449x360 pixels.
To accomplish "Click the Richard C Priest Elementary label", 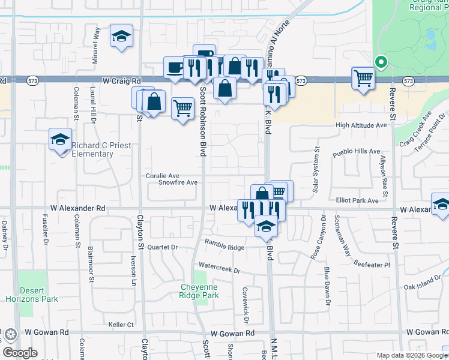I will (92, 149).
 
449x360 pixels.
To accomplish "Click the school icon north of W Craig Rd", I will (121, 36).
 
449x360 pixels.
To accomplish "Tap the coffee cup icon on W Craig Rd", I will (175, 67).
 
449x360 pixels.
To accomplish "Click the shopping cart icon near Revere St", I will (363, 77).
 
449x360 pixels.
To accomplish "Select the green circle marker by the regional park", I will (379, 62).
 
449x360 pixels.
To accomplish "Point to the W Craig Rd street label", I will (122, 80).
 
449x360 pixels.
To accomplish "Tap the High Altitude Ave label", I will (361, 125).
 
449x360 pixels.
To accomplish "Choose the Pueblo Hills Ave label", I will (357, 152).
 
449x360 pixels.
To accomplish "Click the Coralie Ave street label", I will (163, 176).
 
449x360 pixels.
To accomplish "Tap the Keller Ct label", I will (121, 325).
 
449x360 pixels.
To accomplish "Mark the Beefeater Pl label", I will (372, 264).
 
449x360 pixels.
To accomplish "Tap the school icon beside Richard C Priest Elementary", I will (60, 140).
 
